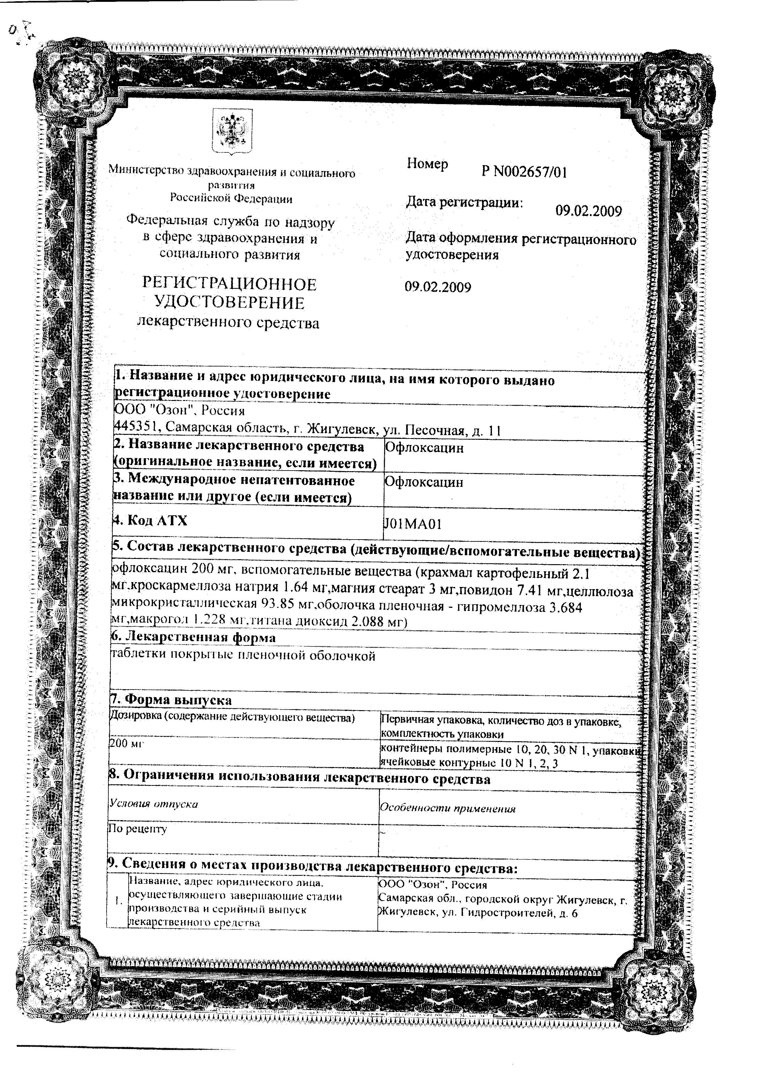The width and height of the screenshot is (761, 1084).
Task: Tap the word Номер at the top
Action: tap(427, 164)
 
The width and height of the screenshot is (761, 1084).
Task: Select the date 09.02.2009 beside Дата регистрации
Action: tap(588, 211)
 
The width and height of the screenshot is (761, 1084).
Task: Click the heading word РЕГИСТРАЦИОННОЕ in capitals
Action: tap(229, 284)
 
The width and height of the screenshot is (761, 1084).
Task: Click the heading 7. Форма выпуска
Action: tap(171, 700)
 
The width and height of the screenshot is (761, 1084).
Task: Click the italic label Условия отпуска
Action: tap(153, 804)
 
